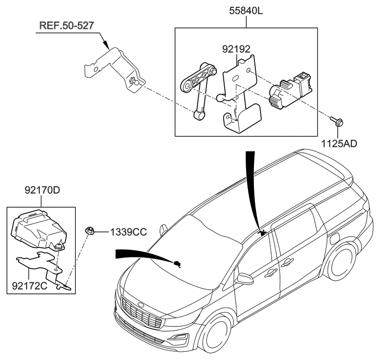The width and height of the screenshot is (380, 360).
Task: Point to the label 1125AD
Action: pos(338,143)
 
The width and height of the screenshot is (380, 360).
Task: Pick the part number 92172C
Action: pos(28,285)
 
